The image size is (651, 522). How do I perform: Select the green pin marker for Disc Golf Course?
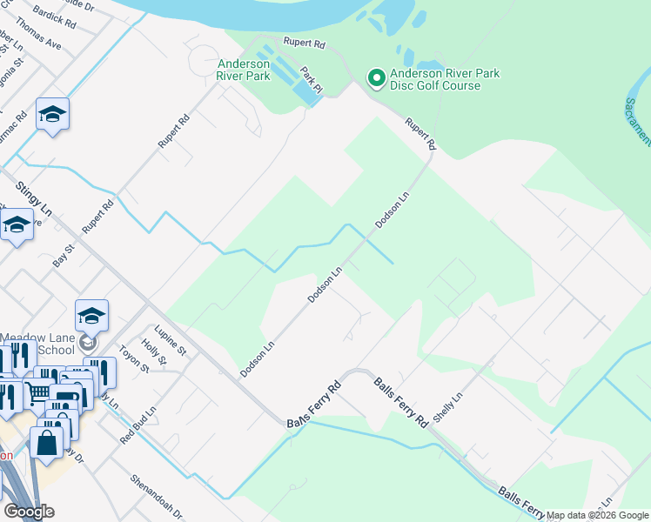(377, 80)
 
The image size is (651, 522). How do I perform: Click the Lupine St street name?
(171, 340)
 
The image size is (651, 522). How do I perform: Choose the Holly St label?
(155, 354)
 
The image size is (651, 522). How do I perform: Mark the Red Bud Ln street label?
(138, 425)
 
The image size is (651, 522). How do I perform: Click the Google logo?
(29, 512)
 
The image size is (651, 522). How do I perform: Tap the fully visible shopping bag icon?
(47, 442)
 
